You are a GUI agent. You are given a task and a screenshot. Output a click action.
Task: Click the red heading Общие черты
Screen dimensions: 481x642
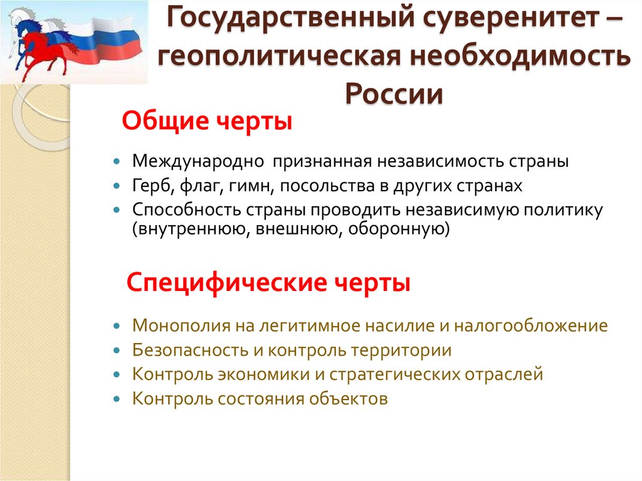pyautogui.click(x=207, y=120)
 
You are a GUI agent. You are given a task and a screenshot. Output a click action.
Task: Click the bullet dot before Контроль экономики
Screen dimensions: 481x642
pyautogui.click(x=117, y=374)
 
